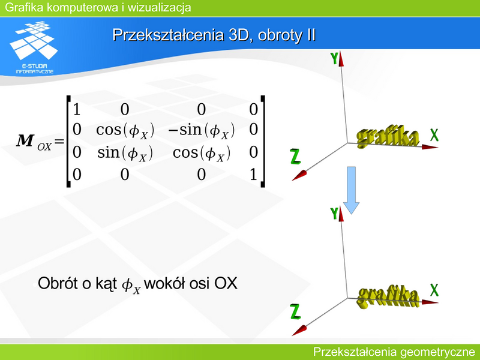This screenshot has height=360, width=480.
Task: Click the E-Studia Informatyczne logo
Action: (34, 47)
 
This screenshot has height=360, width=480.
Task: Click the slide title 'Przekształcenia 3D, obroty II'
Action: (214, 35)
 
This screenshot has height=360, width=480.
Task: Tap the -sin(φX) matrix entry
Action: (201, 131)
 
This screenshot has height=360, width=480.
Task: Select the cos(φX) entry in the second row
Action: (125, 131)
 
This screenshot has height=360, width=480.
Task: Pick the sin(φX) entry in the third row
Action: (125, 153)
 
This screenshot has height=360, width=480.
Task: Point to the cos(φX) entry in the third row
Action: (201, 153)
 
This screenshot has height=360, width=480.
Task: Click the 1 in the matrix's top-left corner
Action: (77, 109)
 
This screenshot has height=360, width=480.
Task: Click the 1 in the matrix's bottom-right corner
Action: (253, 175)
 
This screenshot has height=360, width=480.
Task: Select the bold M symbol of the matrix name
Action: (25, 141)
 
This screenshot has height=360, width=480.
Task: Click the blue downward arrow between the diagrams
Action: (351, 190)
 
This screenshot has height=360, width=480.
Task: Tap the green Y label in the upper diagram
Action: (334, 58)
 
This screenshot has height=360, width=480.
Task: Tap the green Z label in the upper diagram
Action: (295, 157)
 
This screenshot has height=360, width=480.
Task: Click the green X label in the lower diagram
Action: (434, 290)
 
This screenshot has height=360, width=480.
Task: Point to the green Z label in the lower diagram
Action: (295, 311)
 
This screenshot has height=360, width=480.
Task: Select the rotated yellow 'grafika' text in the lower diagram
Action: (388, 296)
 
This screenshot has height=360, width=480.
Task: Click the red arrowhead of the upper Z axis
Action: (299, 176)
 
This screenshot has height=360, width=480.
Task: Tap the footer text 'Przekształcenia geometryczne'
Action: (394, 352)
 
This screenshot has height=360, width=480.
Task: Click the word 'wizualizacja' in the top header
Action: (159, 7)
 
